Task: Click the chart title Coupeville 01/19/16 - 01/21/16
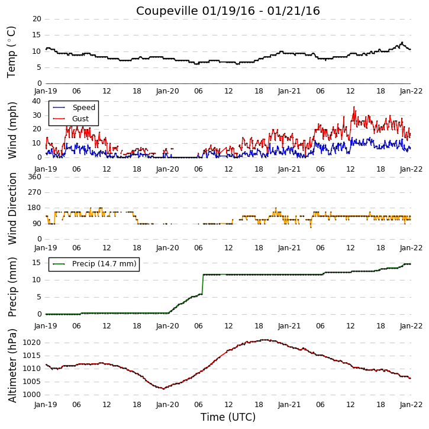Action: [x=228, y=11]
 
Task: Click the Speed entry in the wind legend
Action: [x=83, y=108]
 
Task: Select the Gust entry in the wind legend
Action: [x=80, y=119]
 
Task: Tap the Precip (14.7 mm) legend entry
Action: [x=104, y=264]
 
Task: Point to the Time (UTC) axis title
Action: [x=228, y=417]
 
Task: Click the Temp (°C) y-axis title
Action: [x=11, y=52]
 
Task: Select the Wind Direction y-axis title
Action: [x=12, y=208]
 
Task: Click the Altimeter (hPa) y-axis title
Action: [x=12, y=366]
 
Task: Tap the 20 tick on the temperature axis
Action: [x=37, y=19]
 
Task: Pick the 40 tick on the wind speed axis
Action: [x=37, y=101]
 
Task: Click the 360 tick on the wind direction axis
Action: [x=34, y=177]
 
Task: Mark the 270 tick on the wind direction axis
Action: [x=34, y=192]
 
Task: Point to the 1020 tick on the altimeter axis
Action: [x=31, y=343]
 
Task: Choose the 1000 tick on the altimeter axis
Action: [x=31, y=395]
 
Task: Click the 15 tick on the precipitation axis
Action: [x=37, y=263]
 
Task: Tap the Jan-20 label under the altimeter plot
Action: [x=167, y=405]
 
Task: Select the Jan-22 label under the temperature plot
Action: [x=411, y=91]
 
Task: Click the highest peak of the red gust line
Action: [x=354, y=107]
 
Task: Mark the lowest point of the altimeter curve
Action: [x=163, y=389]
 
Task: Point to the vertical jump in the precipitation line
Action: [x=203, y=284]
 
